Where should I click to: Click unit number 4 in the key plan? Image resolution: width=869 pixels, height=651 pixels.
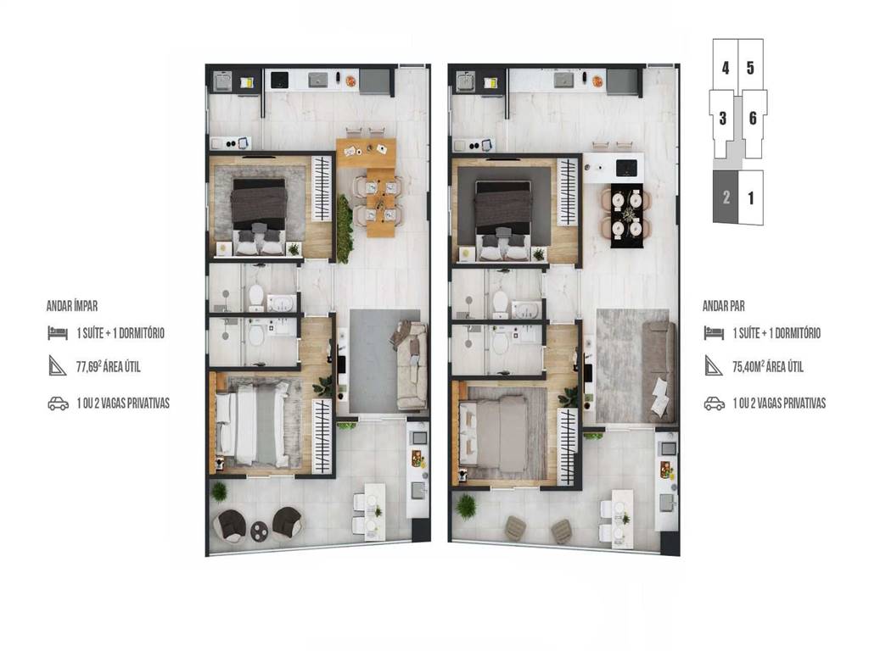726,68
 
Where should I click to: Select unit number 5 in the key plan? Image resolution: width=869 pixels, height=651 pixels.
750,68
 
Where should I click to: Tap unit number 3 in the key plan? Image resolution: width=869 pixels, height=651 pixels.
723,118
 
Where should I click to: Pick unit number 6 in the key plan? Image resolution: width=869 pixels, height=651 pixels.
753,118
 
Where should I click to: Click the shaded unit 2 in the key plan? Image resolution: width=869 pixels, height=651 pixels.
726,197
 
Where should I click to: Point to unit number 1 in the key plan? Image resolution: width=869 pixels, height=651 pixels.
751,198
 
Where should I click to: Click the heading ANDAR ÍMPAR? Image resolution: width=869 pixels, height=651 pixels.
72,306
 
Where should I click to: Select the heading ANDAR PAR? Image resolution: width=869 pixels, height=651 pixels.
724,306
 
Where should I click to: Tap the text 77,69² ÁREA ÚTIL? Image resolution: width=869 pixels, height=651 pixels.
108,366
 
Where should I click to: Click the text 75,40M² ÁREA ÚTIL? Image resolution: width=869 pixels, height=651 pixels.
767,366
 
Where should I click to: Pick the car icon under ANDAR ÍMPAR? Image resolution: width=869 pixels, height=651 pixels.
59,403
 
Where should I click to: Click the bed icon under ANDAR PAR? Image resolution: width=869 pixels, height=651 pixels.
714,332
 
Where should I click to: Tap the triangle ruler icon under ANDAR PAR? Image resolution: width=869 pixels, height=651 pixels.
713,366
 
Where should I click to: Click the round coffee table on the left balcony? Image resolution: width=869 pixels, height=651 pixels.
260,531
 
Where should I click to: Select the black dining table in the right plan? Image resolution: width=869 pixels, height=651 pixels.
627,216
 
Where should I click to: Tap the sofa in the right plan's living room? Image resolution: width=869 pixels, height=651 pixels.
659,373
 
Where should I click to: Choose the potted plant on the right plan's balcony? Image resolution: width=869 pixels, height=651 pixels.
466,506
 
